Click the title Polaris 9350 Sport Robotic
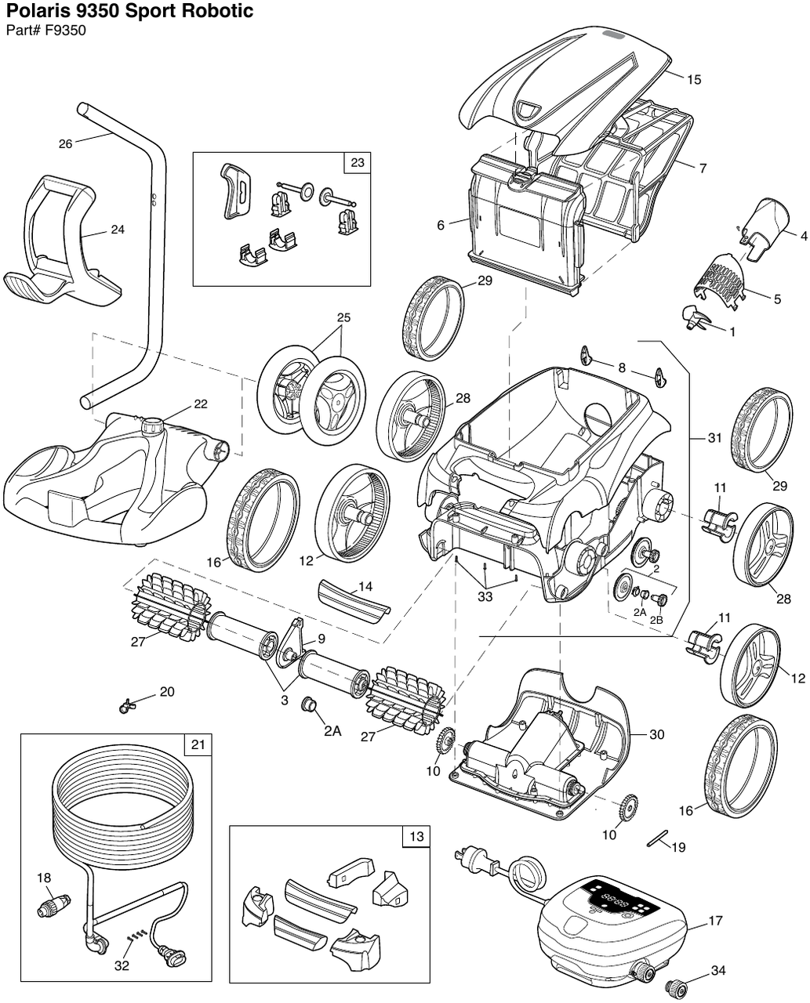130,12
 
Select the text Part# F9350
45,31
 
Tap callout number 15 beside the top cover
693,79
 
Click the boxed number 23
357,163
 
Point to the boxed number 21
198,744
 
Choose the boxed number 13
416,837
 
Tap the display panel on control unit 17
619,900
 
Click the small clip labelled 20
125,708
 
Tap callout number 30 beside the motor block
656,734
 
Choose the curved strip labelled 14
354,600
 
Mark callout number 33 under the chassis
485,596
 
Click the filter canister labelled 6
525,227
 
